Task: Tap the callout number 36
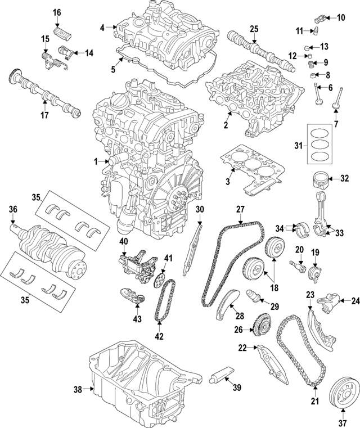click(x=13, y=210)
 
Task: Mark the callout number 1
click(x=97, y=161)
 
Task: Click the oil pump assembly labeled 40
click(x=134, y=264)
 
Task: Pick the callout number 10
click(x=341, y=19)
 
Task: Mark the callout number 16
click(x=57, y=12)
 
